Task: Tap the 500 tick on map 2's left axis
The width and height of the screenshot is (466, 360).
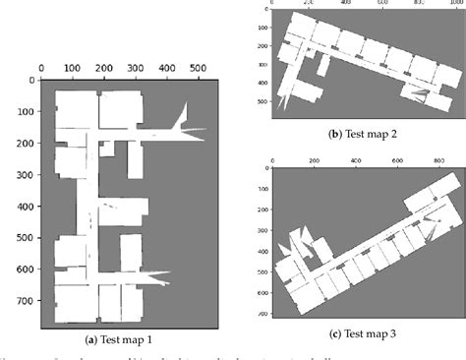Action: click(x=262, y=100)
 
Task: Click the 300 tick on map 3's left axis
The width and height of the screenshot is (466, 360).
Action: click(x=260, y=228)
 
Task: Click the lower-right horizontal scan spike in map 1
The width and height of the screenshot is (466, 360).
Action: click(x=147, y=277)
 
